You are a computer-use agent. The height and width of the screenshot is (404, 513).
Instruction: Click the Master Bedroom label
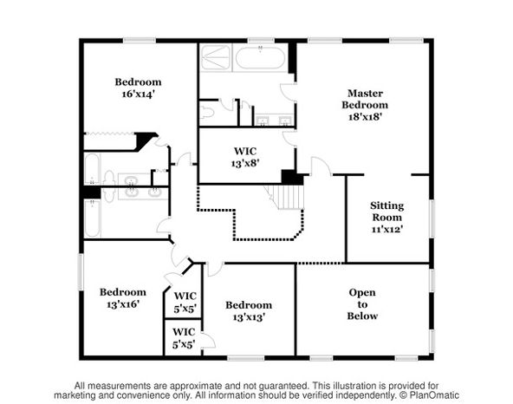365,99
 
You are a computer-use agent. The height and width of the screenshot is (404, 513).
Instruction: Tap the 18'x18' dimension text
365,116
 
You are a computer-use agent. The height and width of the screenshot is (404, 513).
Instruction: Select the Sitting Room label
387,212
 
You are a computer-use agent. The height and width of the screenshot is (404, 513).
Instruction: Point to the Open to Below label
362,304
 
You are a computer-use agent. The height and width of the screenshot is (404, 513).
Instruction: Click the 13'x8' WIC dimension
245,163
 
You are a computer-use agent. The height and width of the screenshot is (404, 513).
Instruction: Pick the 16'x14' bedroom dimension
138,94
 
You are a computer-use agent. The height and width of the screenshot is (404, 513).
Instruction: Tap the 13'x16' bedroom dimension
123,304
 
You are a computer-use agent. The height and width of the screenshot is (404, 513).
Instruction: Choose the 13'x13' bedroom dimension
249,317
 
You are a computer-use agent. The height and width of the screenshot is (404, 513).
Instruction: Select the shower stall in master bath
215,57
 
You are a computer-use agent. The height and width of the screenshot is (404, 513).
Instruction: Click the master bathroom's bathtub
260,58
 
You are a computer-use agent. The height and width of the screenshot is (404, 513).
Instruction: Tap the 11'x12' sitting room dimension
387,229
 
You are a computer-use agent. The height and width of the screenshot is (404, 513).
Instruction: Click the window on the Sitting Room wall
432,218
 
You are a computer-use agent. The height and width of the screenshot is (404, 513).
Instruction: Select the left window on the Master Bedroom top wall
325,41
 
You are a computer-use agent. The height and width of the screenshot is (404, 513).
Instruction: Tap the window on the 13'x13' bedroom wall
246,359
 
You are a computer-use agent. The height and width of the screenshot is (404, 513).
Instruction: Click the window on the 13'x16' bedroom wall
81,271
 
